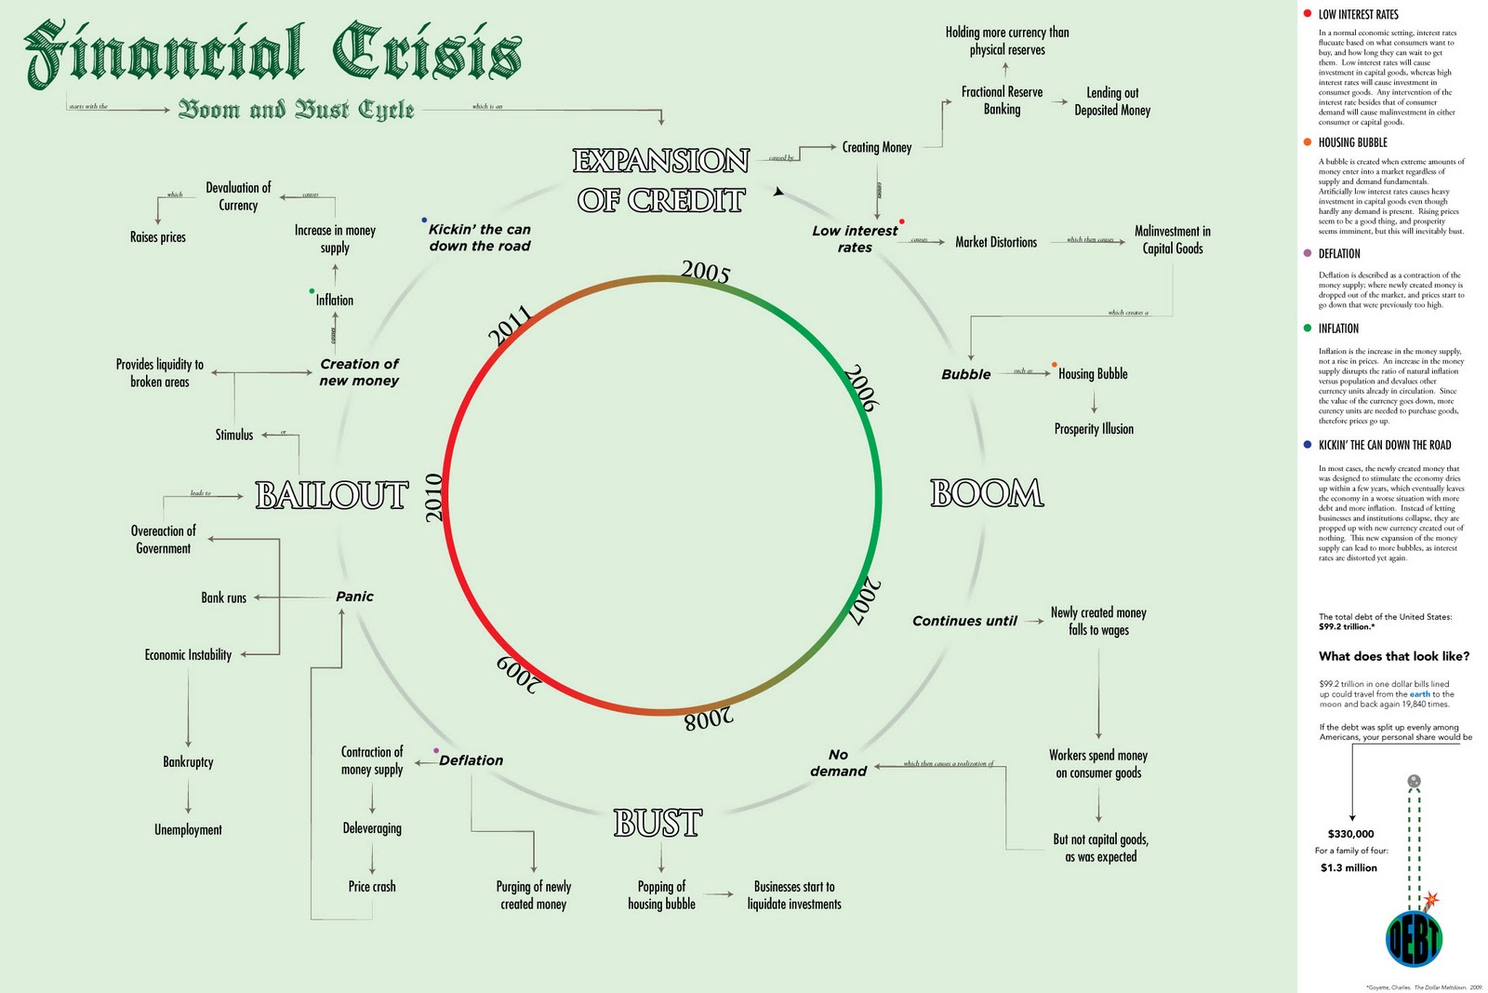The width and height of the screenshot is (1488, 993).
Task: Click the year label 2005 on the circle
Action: (x=705, y=271)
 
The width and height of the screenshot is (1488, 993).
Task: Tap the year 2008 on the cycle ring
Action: (x=709, y=719)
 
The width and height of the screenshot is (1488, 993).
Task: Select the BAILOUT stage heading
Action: (x=332, y=495)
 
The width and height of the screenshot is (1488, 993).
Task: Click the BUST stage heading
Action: (x=658, y=824)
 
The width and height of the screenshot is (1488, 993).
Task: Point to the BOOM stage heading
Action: (x=987, y=493)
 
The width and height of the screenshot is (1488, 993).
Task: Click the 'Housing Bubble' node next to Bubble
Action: (x=1093, y=374)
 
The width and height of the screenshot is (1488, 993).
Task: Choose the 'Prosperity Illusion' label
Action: (x=1094, y=429)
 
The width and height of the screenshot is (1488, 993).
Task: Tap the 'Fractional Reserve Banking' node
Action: (x=1002, y=101)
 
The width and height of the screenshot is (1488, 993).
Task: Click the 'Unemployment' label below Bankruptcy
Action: (x=188, y=829)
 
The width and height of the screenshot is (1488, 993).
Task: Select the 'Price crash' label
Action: (x=372, y=887)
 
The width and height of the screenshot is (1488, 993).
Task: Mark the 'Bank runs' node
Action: (x=224, y=597)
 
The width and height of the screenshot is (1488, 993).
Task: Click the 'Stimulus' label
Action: (x=234, y=435)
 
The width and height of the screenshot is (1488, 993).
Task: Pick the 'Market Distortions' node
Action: (x=996, y=242)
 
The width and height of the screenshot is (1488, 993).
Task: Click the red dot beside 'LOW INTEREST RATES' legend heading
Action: (x=1308, y=14)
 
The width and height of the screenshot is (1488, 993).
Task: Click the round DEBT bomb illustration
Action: (x=1414, y=938)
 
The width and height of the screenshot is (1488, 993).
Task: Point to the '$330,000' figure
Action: (x=1350, y=834)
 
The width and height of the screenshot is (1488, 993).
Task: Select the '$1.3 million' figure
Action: (x=1348, y=867)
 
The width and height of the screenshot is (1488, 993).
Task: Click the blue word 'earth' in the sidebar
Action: (x=1420, y=694)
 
